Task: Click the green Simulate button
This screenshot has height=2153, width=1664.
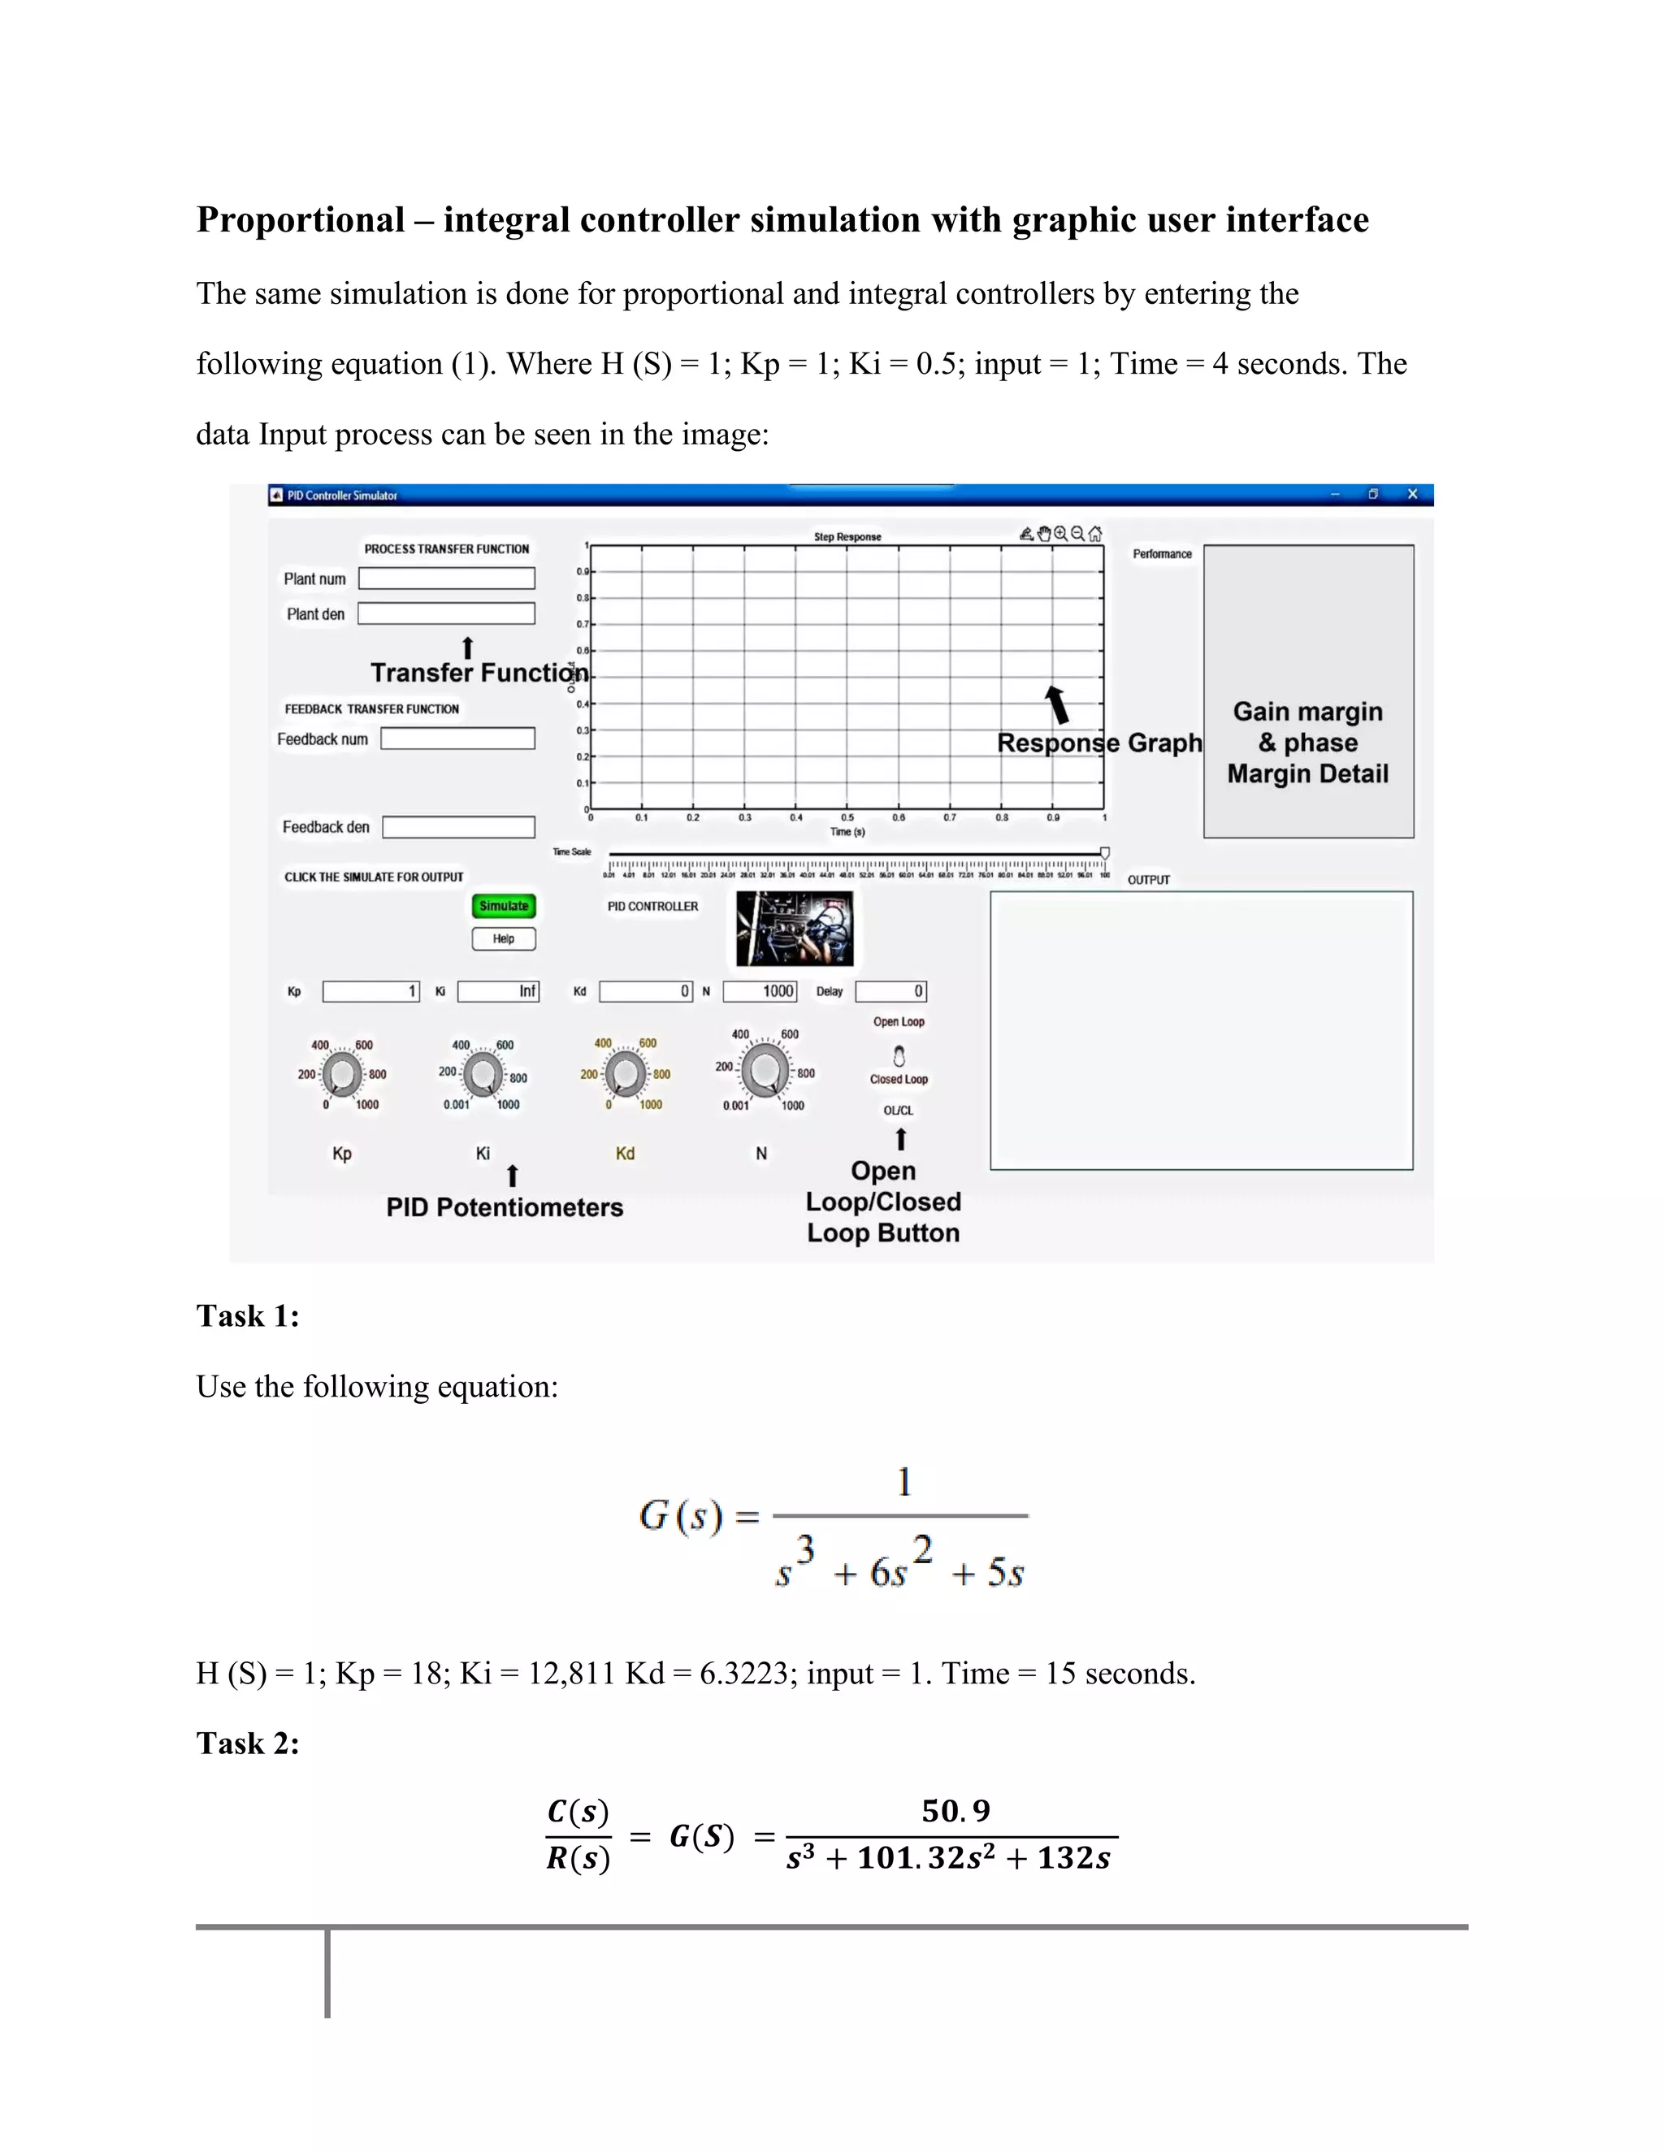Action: point(504,906)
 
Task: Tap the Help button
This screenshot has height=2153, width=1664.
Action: point(504,938)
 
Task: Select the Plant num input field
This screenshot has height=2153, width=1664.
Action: point(447,578)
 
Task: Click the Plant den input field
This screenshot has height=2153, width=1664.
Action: point(447,614)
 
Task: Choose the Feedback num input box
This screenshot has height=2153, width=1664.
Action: point(458,739)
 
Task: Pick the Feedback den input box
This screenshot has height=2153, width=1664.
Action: point(458,827)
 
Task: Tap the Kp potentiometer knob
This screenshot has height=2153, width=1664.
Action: point(342,1073)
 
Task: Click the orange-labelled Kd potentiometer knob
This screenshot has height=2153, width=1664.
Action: point(625,1073)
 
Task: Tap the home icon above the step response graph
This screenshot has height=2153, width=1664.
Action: point(1095,535)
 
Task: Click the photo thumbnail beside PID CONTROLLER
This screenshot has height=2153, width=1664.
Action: point(795,929)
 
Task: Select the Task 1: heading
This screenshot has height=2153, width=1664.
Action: point(248,1316)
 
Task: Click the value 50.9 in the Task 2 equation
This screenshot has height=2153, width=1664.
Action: point(955,1811)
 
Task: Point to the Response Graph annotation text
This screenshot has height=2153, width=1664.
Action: point(1099,743)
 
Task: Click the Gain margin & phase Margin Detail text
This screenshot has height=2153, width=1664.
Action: point(1308,743)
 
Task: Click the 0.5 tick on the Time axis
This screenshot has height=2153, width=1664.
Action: point(847,817)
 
